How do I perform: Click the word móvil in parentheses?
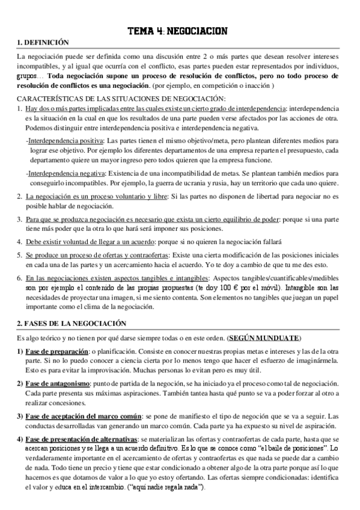coord(291,289)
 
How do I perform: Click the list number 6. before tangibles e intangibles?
coord(20,278)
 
